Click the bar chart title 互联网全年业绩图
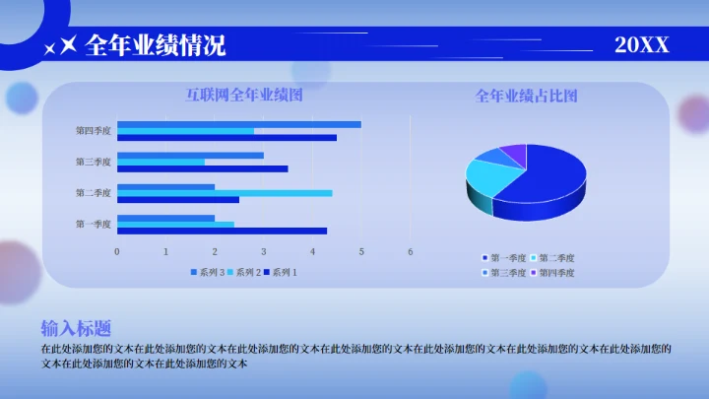[244, 96]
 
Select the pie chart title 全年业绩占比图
[526, 96]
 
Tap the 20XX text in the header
[642, 44]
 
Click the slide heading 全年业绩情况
[156, 45]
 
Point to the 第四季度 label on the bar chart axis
[95, 130]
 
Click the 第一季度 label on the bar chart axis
[95, 224]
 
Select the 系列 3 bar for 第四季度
[238, 124]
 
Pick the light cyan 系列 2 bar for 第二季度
[225, 193]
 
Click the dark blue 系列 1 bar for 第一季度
[222, 231]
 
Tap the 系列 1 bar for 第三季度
[202, 168]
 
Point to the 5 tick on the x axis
[361, 251]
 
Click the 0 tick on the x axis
[117, 251]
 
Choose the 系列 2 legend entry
[244, 272]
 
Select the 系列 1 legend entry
[281, 272]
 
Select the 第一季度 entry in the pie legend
[507, 258]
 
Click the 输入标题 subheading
[75, 329]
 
